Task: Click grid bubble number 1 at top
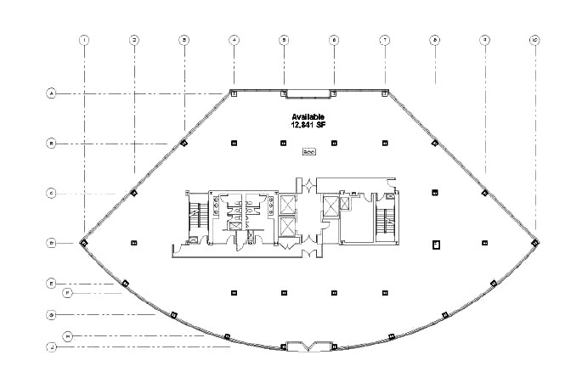[x=84, y=40]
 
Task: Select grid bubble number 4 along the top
[x=234, y=40]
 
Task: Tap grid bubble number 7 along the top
[x=384, y=40]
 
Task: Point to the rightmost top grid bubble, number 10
[x=534, y=40]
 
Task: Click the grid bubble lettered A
[x=51, y=93]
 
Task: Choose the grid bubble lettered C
[x=51, y=194]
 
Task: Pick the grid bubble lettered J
[x=51, y=346]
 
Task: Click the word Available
[x=308, y=116]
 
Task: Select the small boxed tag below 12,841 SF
[x=308, y=152]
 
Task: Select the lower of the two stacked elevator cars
[x=288, y=228]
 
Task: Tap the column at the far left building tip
[x=84, y=244]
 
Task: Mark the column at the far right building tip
[x=534, y=244]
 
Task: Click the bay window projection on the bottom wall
[x=308, y=346]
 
